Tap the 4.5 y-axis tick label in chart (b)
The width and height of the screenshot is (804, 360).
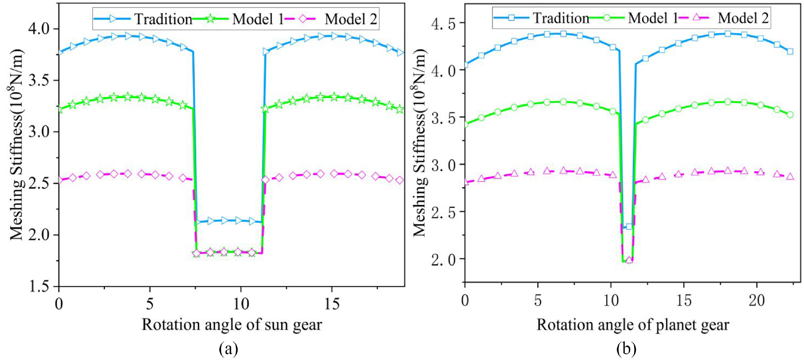pos(444,23)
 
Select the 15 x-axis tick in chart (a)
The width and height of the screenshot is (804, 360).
pos(332,304)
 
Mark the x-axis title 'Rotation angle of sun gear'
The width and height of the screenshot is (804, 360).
pos(231,325)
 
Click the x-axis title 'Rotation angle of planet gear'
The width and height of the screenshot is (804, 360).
pos(632,325)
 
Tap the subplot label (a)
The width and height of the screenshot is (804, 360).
pos(229,348)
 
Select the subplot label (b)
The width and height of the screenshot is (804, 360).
pos(626,348)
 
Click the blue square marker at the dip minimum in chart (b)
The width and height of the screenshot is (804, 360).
pos(629,226)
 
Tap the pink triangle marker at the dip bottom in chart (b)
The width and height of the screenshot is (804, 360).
pos(629,260)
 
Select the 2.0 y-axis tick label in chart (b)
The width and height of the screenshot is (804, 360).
pos(444,259)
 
